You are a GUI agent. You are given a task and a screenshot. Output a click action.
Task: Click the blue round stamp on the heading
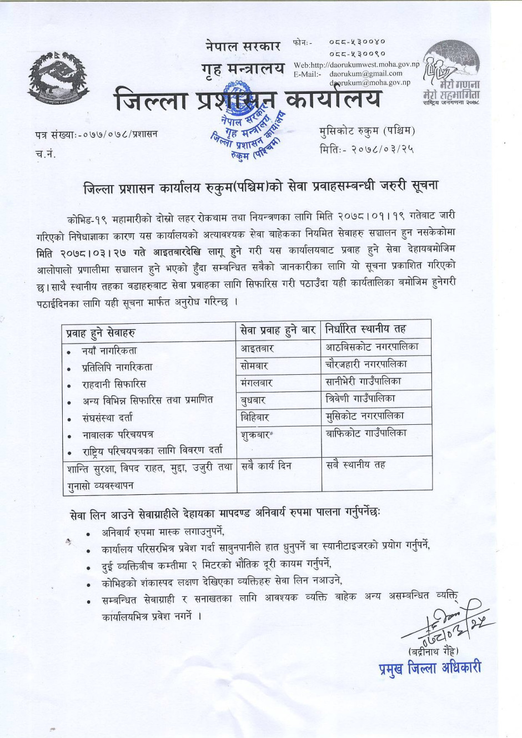(245, 122)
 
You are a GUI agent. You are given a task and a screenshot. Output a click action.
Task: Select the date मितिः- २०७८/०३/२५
(367, 149)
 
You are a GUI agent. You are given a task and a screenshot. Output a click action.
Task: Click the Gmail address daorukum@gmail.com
(365, 73)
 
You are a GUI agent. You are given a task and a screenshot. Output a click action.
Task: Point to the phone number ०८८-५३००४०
(357, 42)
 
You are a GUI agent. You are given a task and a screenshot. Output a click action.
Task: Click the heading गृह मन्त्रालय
(243, 69)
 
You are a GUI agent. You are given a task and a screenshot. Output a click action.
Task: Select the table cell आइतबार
(257, 349)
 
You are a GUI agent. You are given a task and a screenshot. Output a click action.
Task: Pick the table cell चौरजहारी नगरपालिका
(366, 365)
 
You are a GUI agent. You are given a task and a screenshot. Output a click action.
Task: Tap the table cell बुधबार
(253, 400)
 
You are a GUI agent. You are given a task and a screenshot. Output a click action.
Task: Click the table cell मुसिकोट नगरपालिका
(365, 416)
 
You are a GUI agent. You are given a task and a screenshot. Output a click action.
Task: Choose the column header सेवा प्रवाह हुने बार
(278, 330)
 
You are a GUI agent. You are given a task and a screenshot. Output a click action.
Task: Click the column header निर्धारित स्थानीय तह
(366, 329)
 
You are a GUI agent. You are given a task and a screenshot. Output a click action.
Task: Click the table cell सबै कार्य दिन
(266, 465)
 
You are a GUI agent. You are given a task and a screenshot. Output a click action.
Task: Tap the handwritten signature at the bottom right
(444, 619)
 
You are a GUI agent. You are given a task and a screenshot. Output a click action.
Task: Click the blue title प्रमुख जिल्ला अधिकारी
(429, 668)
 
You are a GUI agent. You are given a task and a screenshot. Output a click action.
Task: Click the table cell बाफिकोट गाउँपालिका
(366, 433)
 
